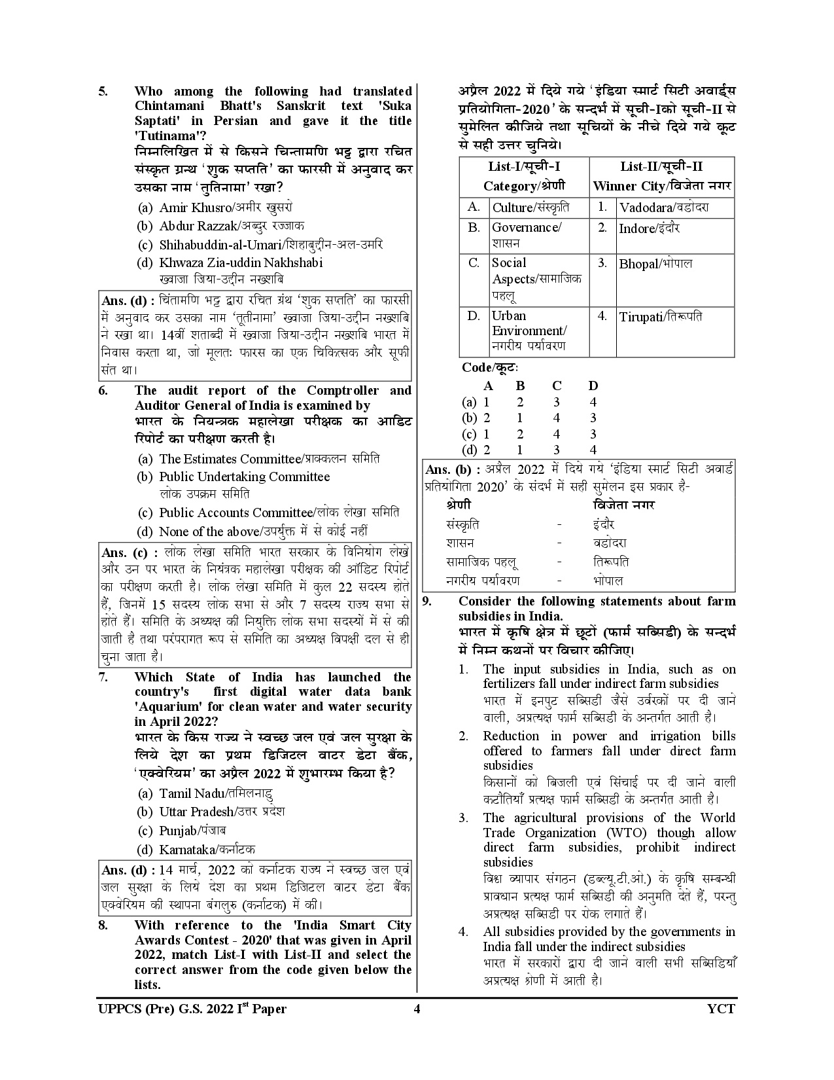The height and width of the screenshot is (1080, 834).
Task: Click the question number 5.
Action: (103, 92)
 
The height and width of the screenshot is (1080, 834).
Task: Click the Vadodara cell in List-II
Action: (664, 208)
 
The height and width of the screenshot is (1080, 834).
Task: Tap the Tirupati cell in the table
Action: (661, 317)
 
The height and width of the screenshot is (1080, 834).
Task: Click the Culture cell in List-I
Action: (530, 208)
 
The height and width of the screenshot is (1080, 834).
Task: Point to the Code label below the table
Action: (490, 368)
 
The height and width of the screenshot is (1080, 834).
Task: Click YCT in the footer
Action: (721, 1009)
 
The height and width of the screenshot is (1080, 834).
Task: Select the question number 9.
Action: (427, 602)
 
